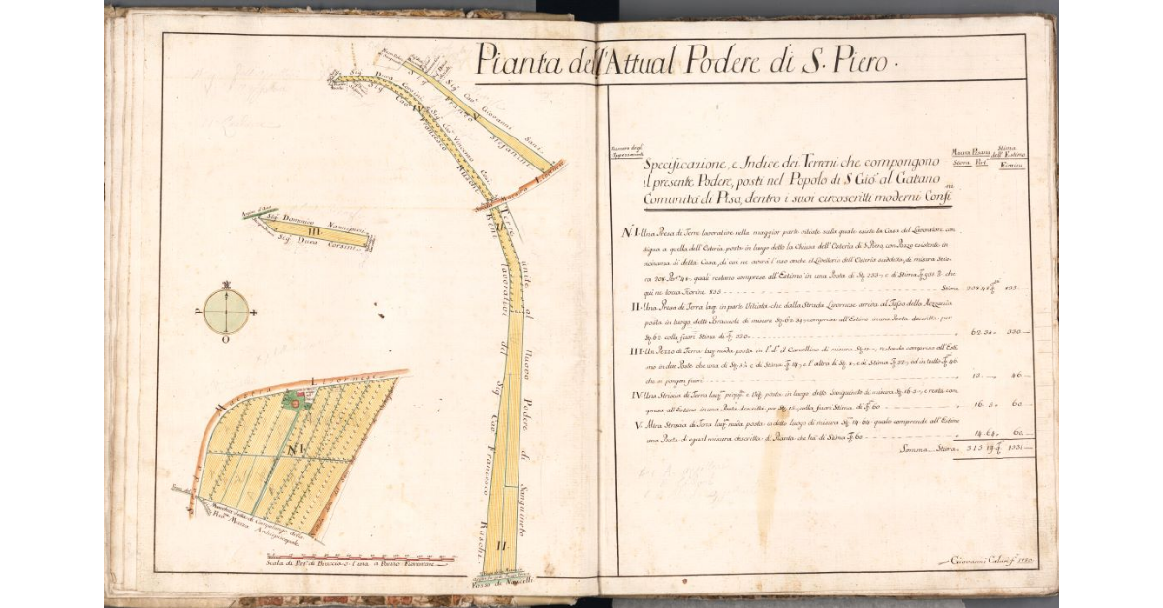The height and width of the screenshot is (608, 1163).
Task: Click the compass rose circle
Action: click(227, 312)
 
